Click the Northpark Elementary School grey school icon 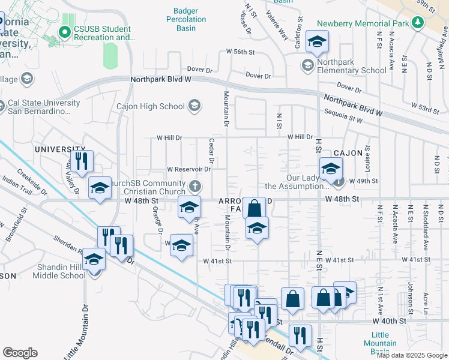308,65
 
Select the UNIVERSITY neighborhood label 60,149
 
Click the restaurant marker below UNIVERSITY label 80,161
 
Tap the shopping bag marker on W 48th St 255,208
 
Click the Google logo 19,353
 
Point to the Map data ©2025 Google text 411,355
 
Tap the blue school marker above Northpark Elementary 316,41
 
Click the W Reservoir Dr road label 188,169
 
